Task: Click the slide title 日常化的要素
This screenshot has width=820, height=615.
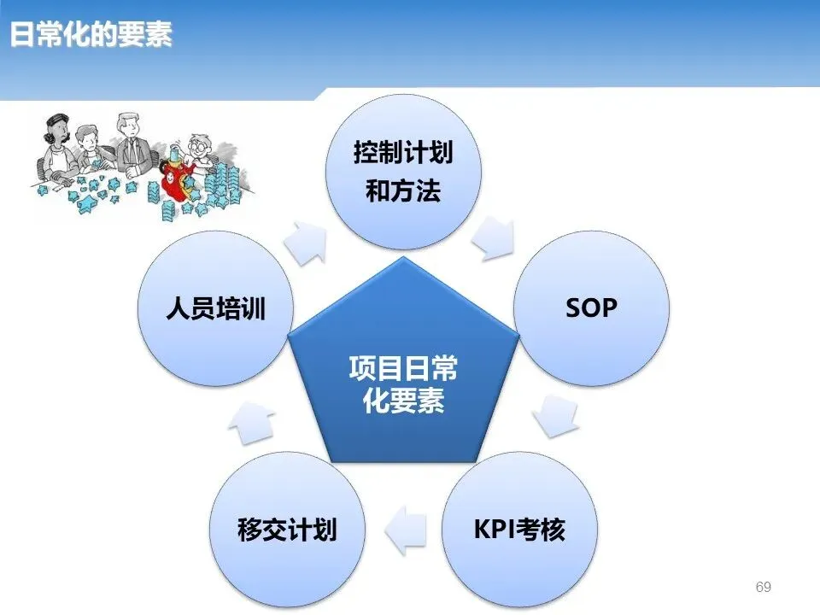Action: (x=91, y=35)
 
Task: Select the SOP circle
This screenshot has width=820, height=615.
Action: (x=590, y=307)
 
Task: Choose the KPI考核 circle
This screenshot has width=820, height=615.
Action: (x=519, y=530)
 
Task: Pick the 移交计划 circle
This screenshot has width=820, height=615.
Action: (x=286, y=530)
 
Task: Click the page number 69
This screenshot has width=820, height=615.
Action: (x=764, y=587)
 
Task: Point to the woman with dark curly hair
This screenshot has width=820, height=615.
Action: (x=50, y=137)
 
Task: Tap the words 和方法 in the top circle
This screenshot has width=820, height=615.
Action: (x=403, y=192)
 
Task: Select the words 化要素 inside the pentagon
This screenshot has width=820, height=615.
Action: (x=403, y=401)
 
